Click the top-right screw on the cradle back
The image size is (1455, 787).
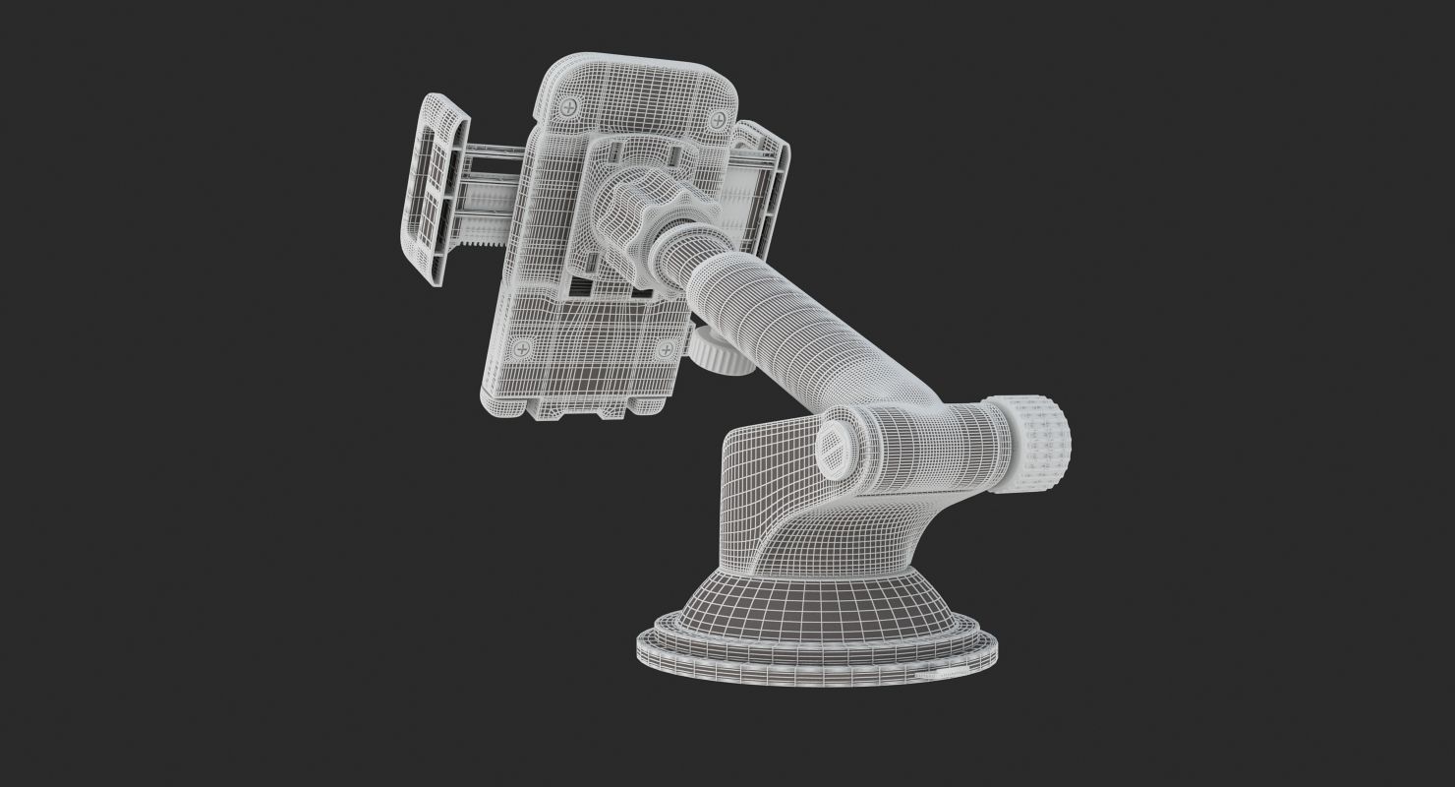[719, 121]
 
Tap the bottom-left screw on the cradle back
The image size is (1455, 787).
[523, 346]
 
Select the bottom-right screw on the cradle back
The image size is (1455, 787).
[666, 348]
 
